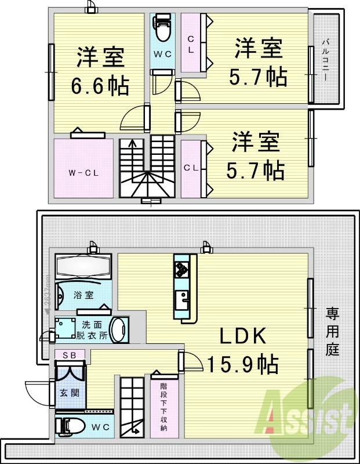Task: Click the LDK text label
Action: pos(242,338)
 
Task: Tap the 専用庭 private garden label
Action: pos(332,332)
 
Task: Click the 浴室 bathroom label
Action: pos(83,295)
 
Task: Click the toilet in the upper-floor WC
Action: pos(162,27)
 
